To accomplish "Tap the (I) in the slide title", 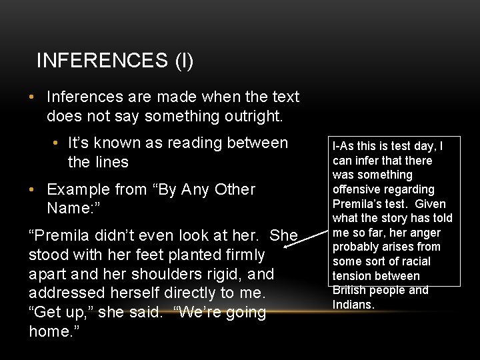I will [x=184, y=61].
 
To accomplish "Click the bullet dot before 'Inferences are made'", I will [x=32, y=97].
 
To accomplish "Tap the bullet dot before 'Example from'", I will [x=32, y=190].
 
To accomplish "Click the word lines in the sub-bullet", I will [x=112, y=163].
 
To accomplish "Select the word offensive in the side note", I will [x=359, y=189].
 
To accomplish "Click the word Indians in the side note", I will [x=353, y=305].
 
